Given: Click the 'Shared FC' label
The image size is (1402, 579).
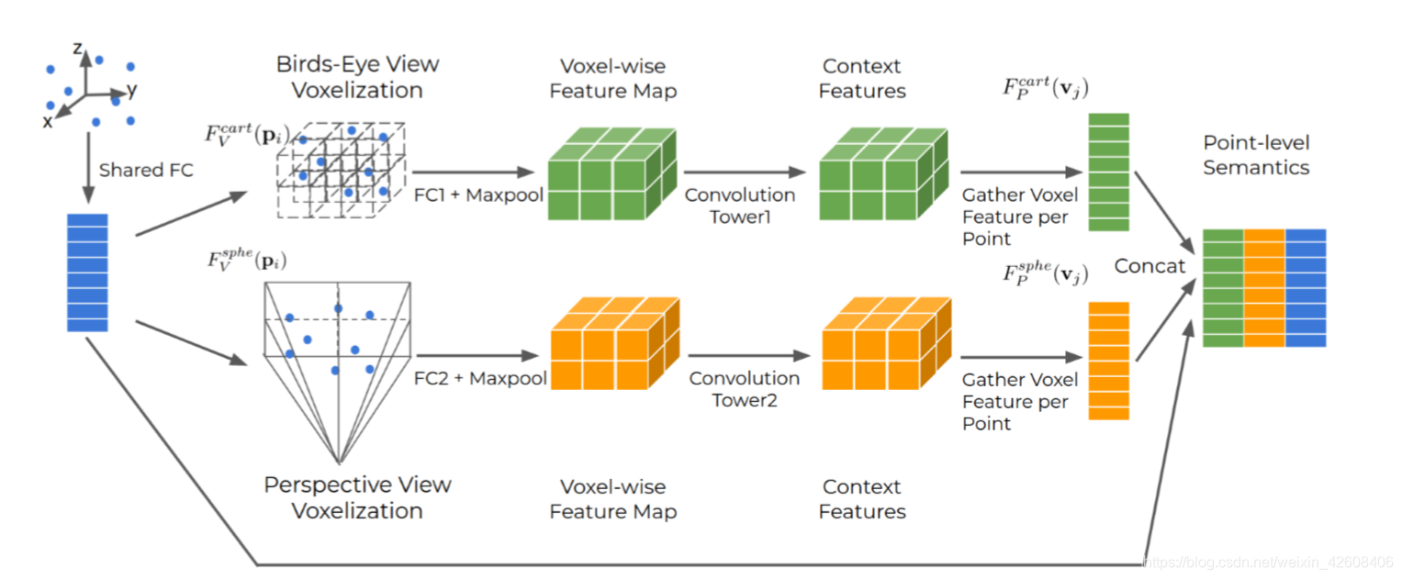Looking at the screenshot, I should pyautogui.click(x=146, y=170).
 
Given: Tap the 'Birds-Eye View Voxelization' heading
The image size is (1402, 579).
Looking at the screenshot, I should pyautogui.click(x=357, y=77).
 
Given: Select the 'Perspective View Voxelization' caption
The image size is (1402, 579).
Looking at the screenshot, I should pyautogui.click(x=357, y=497).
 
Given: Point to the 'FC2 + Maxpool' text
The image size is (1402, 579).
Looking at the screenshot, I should pyautogui.click(x=480, y=378).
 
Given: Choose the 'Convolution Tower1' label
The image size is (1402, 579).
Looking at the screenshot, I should pyautogui.click(x=740, y=206).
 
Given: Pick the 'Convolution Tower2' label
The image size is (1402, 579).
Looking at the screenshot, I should pyautogui.click(x=744, y=389).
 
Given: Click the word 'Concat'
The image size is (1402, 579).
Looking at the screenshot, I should pyautogui.click(x=1150, y=266).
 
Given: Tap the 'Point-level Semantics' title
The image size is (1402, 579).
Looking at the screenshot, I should pyautogui.click(x=1256, y=155).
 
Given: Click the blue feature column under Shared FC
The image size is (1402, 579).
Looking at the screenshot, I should pyautogui.click(x=88, y=273).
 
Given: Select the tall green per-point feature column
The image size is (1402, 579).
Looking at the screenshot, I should pyautogui.click(x=1108, y=173).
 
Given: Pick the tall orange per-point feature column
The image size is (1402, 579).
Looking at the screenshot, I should pyautogui.click(x=1108, y=361).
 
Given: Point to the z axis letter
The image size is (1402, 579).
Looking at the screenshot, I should pyautogui.click(x=78, y=49).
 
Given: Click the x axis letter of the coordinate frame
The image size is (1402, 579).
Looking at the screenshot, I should pyautogui.click(x=48, y=121).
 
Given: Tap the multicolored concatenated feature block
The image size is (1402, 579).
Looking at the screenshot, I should pyautogui.click(x=1264, y=288).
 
